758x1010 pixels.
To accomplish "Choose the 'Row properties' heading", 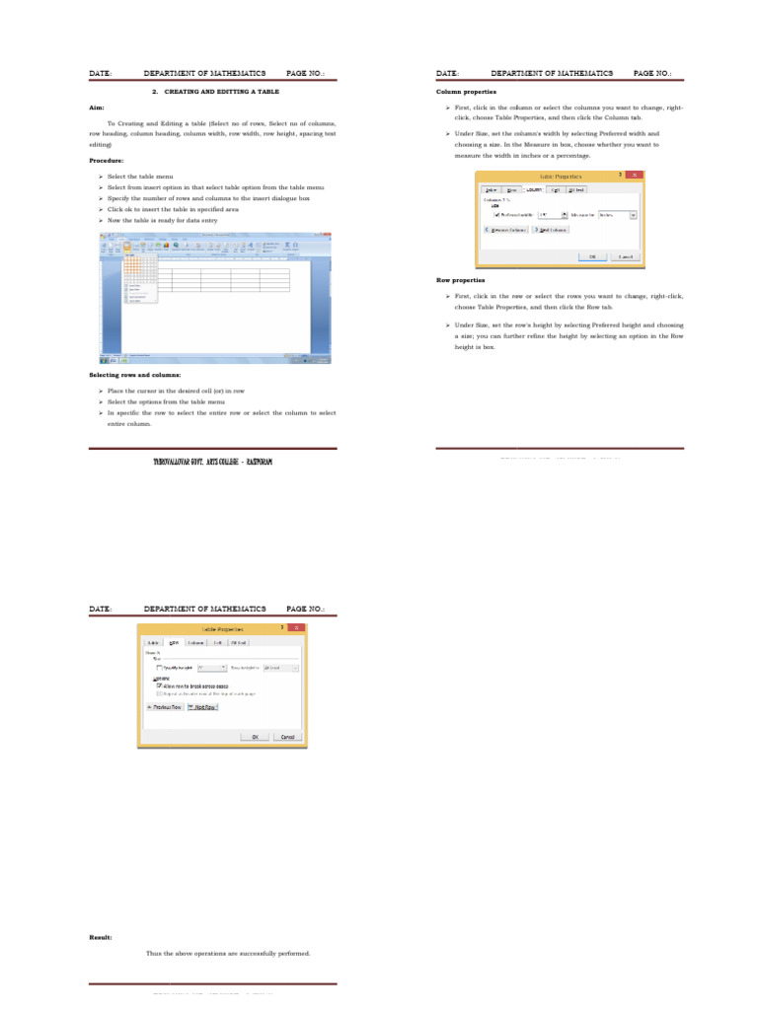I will coord(461,280).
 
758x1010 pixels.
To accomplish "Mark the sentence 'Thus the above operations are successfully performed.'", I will coord(228,954).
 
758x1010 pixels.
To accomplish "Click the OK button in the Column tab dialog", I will coord(593,255).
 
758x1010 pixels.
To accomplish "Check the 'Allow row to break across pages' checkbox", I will coord(160,685).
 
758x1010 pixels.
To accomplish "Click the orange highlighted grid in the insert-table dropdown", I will coord(139,263).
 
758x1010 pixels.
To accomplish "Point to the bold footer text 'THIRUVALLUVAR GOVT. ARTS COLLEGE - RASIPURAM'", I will coord(213,462).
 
